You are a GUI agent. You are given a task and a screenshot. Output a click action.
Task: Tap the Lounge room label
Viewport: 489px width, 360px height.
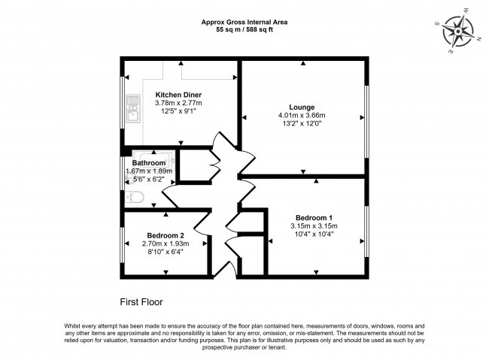click(x=302, y=107)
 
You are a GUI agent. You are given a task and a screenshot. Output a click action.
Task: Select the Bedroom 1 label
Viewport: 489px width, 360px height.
click(x=314, y=217)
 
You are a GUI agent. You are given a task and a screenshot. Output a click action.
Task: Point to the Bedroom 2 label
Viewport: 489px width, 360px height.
click(x=166, y=234)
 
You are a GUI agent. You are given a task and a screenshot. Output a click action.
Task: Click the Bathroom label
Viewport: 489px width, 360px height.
click(x=148, y=163)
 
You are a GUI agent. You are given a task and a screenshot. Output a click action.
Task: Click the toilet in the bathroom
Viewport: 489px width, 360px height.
click(x=135, y=197)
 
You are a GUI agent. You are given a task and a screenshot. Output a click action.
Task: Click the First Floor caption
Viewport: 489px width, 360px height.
click(x=141, y=302)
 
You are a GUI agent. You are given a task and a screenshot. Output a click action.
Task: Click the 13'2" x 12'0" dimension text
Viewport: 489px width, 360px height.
click(x=302, y=123)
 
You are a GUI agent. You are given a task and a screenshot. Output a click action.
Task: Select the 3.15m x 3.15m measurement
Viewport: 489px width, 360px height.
click(x=314, y=225)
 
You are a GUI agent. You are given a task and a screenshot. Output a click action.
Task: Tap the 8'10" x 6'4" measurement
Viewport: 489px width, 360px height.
click(x=166, y=252)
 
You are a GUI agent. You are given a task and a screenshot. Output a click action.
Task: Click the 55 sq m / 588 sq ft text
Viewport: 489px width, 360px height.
click(x=244, y=31)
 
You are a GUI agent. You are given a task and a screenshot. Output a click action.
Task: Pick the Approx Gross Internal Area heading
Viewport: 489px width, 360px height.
click(x=244, y=23)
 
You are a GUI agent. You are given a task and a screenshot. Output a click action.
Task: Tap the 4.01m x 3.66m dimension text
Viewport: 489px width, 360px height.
click(x=302, y=115)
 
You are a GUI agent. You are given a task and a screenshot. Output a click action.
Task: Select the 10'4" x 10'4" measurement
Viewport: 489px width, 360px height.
click(x=314, y=234)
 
